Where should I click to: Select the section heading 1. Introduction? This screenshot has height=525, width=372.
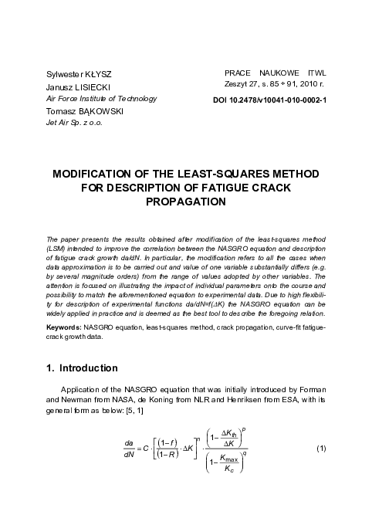tap(82, 367)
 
